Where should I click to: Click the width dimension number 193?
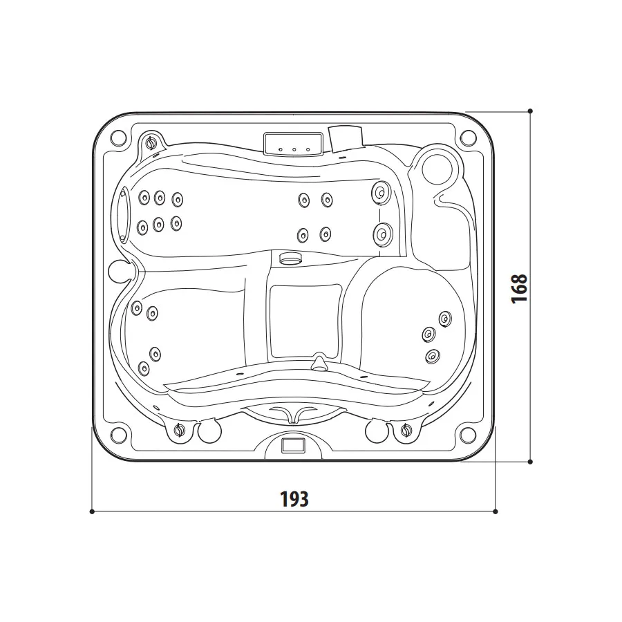294,499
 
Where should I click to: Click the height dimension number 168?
519,289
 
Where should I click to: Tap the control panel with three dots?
293,144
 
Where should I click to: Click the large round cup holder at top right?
437,168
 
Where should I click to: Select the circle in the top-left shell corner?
118,138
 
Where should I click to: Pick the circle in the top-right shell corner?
468,138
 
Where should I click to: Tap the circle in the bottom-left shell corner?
118,435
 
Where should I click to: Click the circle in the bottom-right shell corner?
468,435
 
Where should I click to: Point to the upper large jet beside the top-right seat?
381,192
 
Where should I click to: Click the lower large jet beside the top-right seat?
383,234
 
